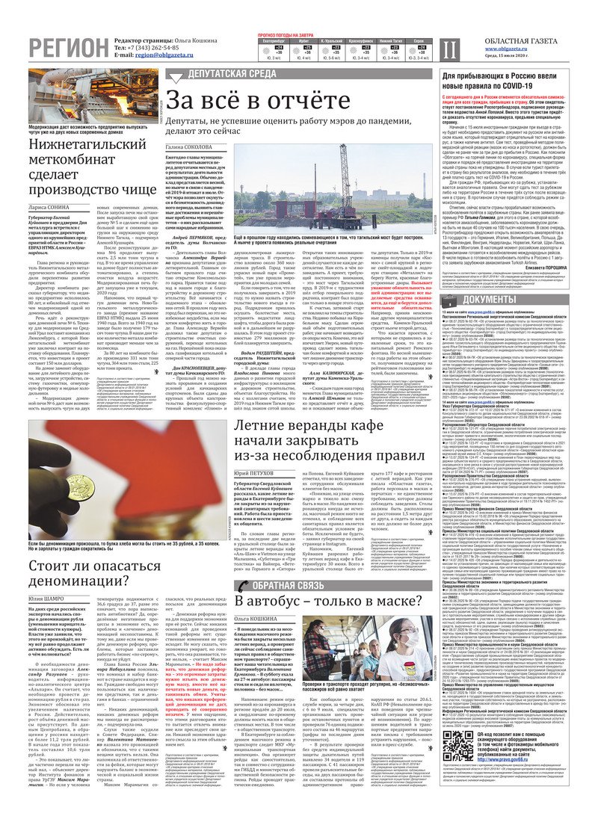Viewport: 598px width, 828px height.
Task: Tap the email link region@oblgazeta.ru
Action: [163, 55]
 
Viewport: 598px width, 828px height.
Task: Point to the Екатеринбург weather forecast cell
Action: [271, 49]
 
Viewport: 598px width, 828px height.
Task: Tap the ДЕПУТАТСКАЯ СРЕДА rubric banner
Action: [231, 74]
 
